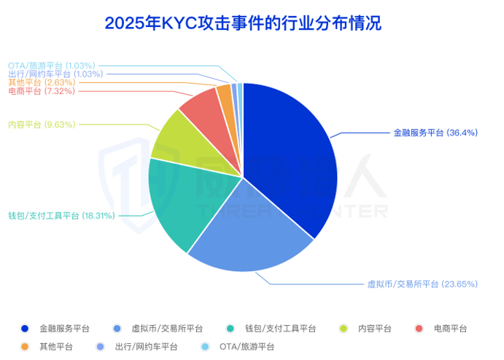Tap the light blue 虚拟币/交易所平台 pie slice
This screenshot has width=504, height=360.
point(248,233)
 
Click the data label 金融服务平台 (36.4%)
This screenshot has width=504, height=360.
point(435,133)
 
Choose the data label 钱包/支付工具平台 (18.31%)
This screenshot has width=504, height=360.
point(61,216)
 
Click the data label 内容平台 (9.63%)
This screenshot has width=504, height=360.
point(42,124)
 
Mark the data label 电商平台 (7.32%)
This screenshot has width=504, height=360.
point(42,91)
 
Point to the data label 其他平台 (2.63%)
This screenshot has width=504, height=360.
point(42,82)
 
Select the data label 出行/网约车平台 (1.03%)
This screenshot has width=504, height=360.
point(55,74)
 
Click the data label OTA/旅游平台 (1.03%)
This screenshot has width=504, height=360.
point(51,66)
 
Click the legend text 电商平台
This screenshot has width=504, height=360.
point(450,329)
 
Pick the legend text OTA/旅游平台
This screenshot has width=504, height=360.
point(247,346)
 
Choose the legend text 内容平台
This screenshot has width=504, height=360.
point(375,329)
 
